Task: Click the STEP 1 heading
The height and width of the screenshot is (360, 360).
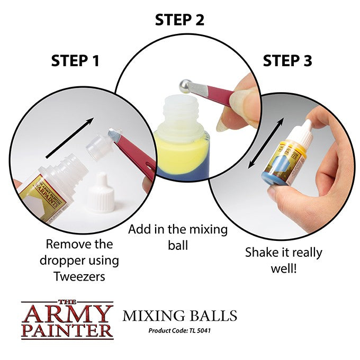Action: (x=75, y=60)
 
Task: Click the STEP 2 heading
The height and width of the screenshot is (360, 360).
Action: (x=179, y=20)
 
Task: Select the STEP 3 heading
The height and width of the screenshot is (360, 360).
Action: (x=287, y=60)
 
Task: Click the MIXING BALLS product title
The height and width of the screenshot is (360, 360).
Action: (x=179, y=317)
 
